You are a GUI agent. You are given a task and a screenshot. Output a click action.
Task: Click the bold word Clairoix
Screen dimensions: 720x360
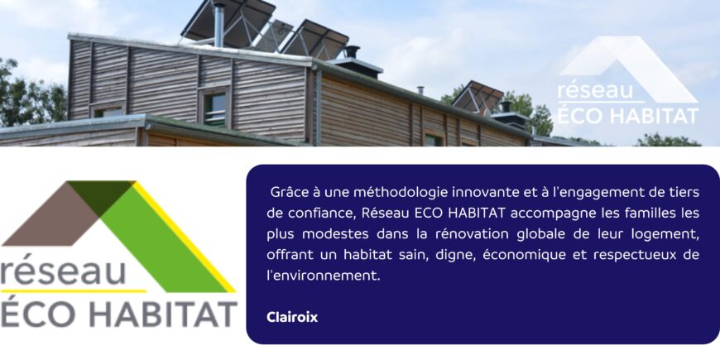[x=292, y=317]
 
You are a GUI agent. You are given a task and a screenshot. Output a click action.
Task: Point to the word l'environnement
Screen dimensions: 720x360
[x=324, y=276]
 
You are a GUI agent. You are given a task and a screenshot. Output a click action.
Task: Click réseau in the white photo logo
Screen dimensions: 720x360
[x=588, y=90]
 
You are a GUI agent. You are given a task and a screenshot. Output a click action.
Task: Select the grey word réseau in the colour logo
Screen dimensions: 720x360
[x=64, y=271]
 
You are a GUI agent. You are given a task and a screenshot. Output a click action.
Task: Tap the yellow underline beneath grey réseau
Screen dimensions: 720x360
[x=74, y=291]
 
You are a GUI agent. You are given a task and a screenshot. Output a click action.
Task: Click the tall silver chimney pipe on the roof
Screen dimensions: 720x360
[x=219, y=25]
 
